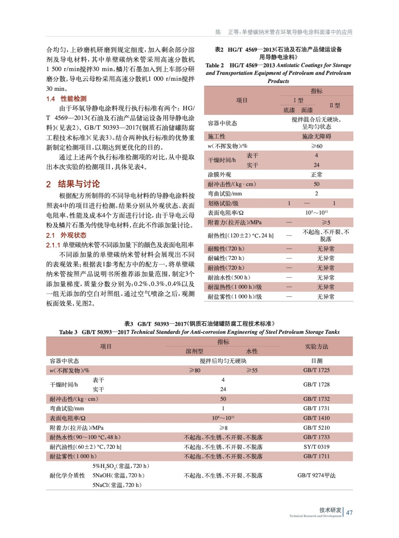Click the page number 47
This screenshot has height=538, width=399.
click(349, 512)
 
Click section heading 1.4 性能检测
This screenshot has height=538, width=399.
click(66, 99)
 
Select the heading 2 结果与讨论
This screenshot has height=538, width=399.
click(73, 184)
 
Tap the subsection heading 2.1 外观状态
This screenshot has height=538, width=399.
click(66, 235)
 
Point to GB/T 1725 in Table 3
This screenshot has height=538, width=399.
click(316, 370)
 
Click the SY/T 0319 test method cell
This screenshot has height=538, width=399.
click(316, 447)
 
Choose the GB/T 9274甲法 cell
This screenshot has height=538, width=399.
click(316, 475)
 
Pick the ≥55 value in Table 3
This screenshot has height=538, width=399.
click(252, 370)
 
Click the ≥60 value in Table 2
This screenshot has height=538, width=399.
click(316, 146)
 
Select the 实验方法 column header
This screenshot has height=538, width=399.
click(316, 346)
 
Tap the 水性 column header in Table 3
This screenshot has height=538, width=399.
click(252, 351)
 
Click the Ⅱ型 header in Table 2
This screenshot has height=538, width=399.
click(334, 105)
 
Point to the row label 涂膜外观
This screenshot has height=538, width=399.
click(219, 175)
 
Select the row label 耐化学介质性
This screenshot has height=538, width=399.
click(67, 475)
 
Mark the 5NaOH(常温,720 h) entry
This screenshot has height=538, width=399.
click(119, 475)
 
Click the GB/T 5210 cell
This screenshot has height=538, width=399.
click(316, 428)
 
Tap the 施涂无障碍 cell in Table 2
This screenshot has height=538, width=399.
click(316, 136)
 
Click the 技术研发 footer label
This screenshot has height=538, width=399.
click(330, 510)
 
